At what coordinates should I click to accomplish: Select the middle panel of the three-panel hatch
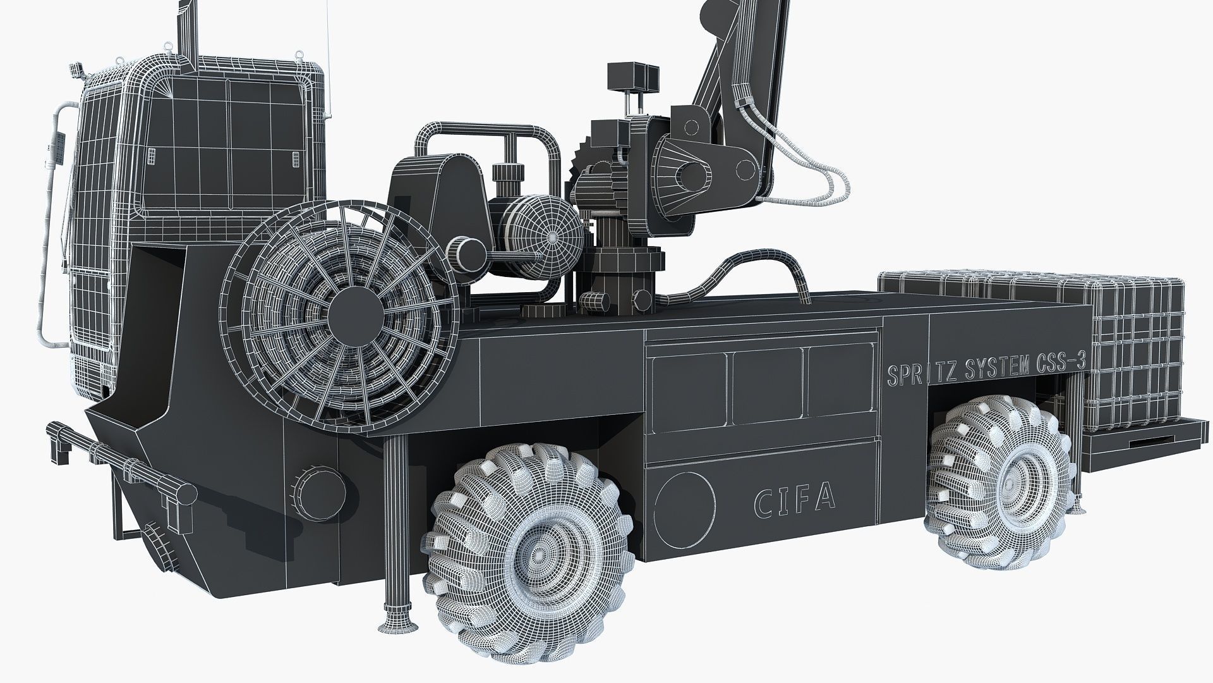click(767, 386)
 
